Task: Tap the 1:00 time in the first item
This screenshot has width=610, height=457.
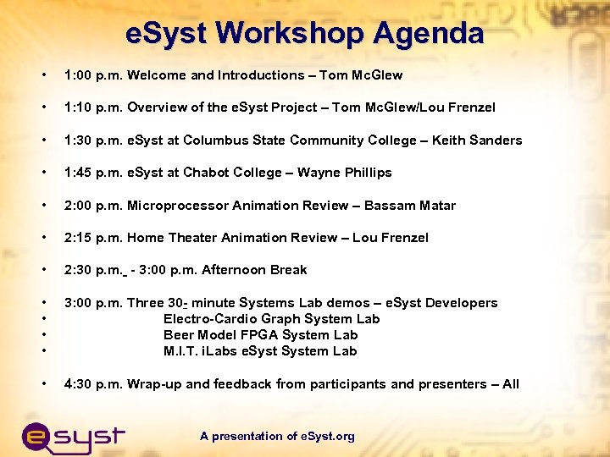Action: [x=78, y=75]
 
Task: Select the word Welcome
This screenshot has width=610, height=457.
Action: [x=157, y=75]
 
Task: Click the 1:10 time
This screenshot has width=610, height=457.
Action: [x=78, y=107]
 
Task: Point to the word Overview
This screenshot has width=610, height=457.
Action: [x=158, y=107]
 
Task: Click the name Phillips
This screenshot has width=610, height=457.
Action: [x=363, y=173]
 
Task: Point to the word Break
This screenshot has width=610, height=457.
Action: [x=289, y=270]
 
